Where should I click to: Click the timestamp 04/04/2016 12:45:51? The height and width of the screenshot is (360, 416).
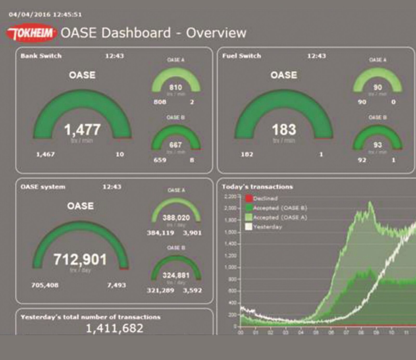click(x=45, y=15)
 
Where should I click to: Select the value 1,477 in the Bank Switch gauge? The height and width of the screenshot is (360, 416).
click(x=82, y=130)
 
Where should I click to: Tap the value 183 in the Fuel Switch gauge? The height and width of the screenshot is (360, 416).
click(x=284, y=130)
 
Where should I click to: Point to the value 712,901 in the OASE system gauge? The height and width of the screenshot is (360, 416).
click(x=80, y=259)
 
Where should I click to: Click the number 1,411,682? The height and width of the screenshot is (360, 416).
click(x=114, y=328)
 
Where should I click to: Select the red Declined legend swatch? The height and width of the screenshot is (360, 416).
click(x=249, y=199)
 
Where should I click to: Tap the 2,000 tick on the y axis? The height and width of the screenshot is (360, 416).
click(x=230, y=208)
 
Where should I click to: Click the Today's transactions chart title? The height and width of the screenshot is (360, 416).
click(x=257, y=187)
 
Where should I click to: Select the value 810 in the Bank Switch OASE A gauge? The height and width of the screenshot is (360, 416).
click(x=176, y=87)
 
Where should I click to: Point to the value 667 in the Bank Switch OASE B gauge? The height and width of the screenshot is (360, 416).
click(x=175, y=145)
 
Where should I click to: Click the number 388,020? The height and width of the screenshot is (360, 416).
click(x=176, y=218)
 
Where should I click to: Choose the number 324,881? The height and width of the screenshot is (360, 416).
click(x=176, y=275)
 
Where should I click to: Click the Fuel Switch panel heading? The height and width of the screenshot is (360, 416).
click(x=242, y=56)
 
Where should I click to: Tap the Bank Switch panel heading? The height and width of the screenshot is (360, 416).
click(x=41, y=56)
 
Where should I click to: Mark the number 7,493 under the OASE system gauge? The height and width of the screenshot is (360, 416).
click(x=116, y=285)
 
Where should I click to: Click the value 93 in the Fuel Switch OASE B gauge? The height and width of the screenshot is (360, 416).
click(x=378, y=145)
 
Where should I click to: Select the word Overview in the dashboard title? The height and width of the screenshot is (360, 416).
click(x=216, y=33)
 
